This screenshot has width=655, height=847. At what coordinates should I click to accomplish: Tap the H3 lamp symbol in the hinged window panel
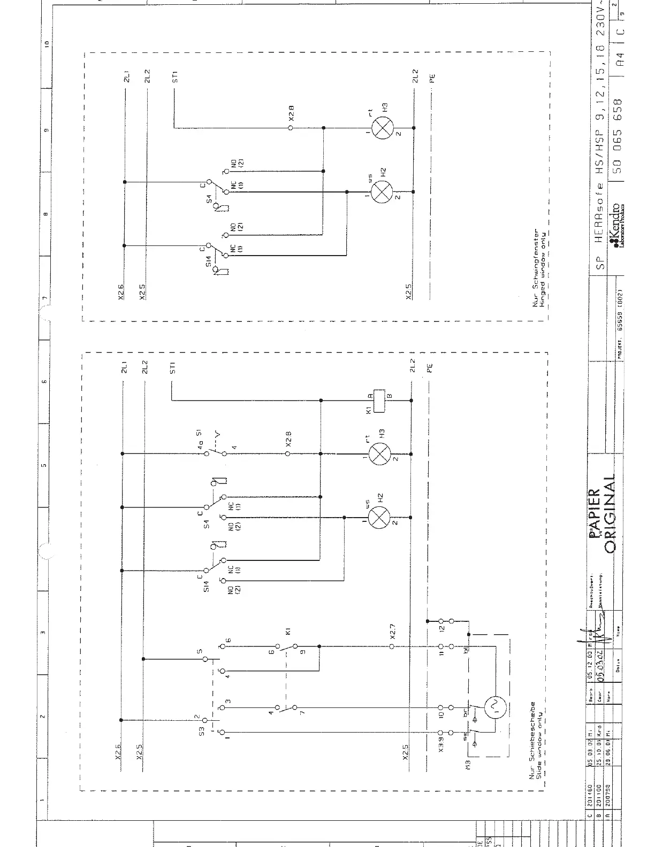click(382, 128)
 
